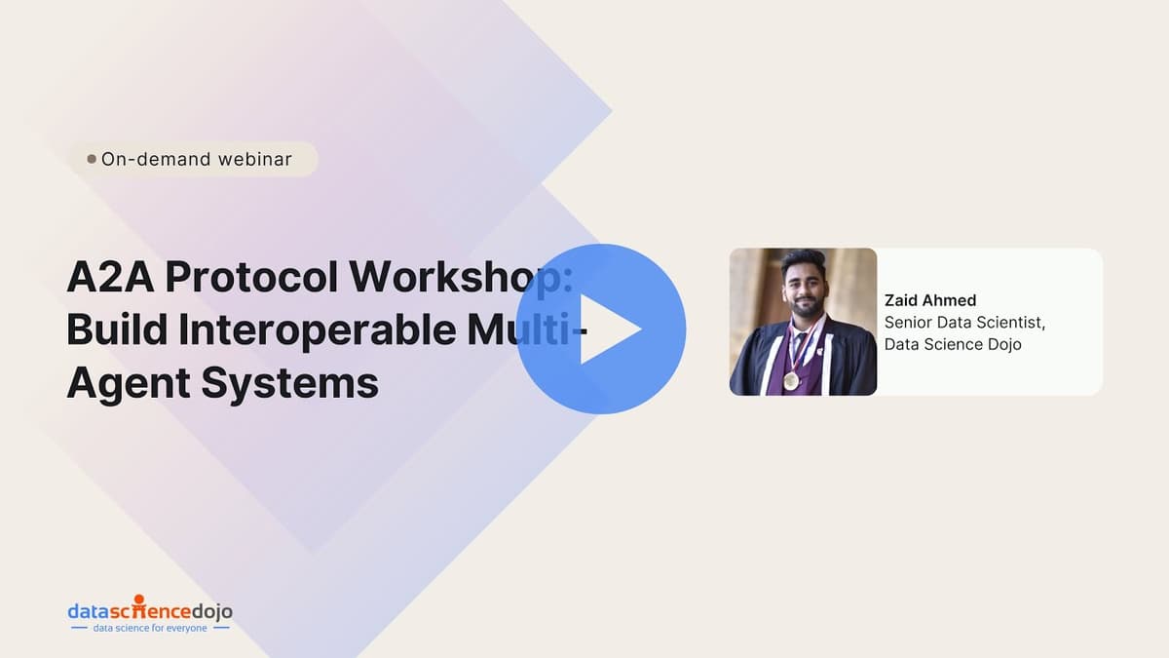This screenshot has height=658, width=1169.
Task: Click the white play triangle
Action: pos(608,329)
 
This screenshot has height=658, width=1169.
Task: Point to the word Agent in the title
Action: pos(127,383)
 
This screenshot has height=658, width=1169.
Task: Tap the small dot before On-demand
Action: pos(92,159)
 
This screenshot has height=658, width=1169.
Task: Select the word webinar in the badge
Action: pos(254,159)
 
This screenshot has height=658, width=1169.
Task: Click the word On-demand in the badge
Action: pos(156,159)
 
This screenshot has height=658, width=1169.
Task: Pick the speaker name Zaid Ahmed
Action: pos(929,300)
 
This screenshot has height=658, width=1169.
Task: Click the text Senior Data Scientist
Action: pos(964,322)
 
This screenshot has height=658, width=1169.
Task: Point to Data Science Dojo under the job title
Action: pos(953,344)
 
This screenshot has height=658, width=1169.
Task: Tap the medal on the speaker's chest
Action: pos(790,378)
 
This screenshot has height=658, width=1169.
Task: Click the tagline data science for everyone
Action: pos(150,629)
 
